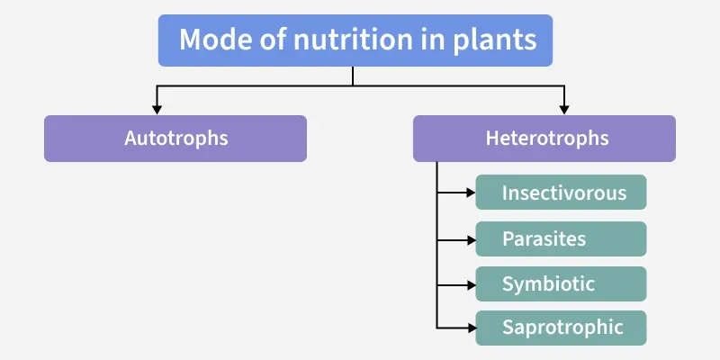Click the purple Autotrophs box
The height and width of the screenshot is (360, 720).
tap(175, 139)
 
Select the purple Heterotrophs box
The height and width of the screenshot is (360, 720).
tap(544, 139)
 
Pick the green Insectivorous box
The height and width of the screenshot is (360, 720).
tap(562, 193)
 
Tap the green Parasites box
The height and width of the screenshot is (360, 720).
tap(562, 239)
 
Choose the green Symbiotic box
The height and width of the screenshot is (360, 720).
tap(562, 283)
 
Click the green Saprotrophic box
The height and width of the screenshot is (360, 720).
tap(562, 328)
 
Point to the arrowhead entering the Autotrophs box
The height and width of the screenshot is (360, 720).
tap(158, 110)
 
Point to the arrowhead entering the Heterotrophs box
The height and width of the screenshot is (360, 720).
tap(565, 110)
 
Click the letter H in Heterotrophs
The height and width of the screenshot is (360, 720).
tap(491, 139)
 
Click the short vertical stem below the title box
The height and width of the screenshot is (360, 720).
tap(353, 76)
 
